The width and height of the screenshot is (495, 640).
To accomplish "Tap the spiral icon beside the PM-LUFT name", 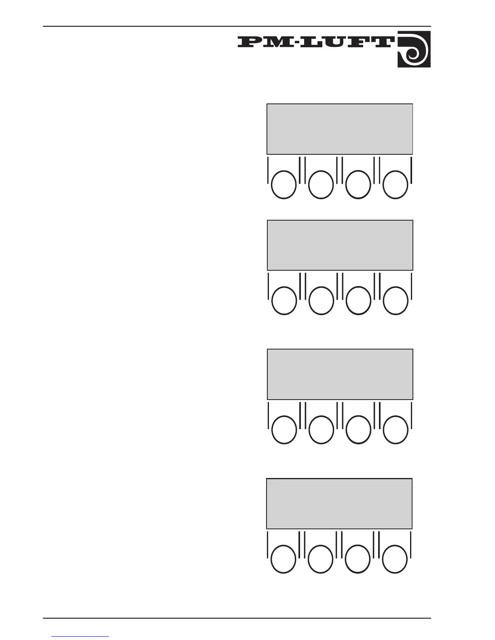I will pos(414,49).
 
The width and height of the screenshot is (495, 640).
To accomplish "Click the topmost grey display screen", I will pos(340,129).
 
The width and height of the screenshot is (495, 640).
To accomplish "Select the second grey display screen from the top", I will pos(340,245).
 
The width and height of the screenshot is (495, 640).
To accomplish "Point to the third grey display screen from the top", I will pos(340,375).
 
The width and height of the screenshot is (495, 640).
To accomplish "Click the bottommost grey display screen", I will pos(339,504).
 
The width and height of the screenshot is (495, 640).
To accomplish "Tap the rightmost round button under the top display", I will pos(396,185).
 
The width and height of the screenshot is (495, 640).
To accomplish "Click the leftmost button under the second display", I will pos(284,301).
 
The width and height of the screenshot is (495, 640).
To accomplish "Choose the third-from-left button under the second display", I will pos(358,301).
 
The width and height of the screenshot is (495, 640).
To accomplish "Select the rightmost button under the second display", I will pos(396,301).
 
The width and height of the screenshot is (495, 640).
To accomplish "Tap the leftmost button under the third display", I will pos(284,430).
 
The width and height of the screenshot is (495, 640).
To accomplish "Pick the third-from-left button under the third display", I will pos(358,430).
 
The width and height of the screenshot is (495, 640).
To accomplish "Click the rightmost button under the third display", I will pos(396,430).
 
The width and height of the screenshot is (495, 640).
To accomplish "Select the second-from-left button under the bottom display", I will pos(321,559).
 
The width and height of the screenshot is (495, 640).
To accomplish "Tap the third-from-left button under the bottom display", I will pos(358,559).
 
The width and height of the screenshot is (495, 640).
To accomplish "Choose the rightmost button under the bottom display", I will pos(395,559).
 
